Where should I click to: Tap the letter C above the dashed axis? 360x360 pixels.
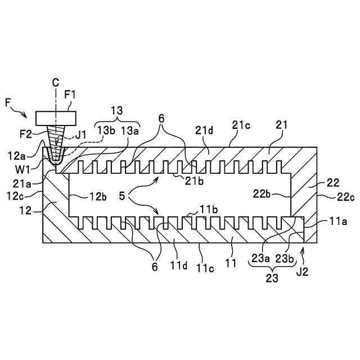pyautogui.click(x=56, y=83)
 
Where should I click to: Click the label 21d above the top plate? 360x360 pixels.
pyautogui.click(x=204, y=130)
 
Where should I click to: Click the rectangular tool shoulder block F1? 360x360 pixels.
pyautogui.click(x=56, y=118)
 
